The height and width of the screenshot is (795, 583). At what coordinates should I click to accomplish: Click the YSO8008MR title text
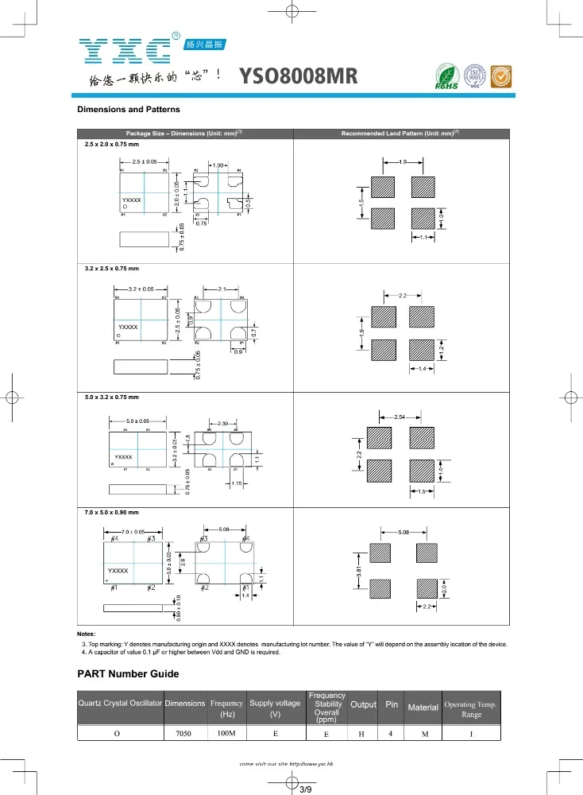pos(299,76)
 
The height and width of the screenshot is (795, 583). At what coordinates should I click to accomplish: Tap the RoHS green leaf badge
pos(446,76)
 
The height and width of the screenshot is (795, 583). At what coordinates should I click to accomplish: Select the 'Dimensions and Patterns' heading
pos(128,109)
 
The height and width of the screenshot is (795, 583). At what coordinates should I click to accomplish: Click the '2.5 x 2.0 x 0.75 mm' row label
pos(112,144)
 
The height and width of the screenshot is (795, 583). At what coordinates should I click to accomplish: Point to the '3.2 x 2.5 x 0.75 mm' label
pos(112,270)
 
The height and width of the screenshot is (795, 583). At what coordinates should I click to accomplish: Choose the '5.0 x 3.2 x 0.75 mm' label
pos(112,396)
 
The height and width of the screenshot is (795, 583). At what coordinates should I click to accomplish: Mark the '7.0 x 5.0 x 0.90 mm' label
pos(112,512)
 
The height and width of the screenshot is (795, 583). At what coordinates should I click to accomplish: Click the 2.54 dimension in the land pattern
pos(401,417)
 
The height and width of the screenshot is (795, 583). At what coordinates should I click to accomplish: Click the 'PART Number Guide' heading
pos(128,674)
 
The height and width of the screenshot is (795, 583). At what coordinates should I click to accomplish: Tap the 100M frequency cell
pos(226,733)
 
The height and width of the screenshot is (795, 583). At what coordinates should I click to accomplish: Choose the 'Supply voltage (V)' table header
pos(275,708)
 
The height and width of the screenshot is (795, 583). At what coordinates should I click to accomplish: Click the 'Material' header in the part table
pos(423,708)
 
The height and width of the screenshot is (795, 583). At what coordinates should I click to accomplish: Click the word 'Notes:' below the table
pos(87,634)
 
